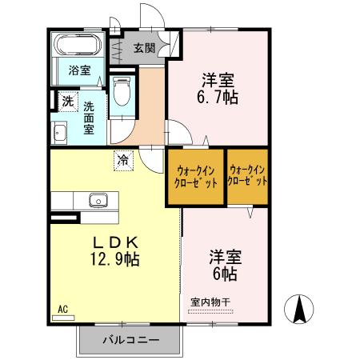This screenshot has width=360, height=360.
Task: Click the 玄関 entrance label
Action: (x=144, y=47)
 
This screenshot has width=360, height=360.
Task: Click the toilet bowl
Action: (x=122, y=92)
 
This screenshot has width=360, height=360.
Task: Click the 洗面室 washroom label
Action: (x=95, y=118)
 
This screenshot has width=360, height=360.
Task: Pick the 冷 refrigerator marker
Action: (x=123, y=159)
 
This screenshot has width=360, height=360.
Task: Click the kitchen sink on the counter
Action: (x=98, y=200)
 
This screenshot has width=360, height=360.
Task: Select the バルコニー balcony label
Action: (x=131, y=340)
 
